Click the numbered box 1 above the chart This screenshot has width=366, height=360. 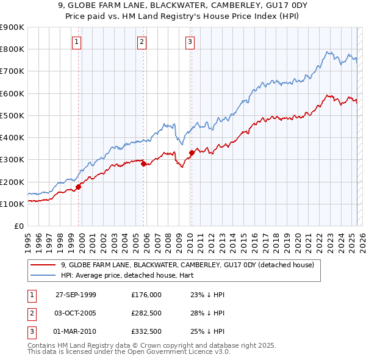[x=76, y=42]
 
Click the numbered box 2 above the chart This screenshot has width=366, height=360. [x=142, y=42]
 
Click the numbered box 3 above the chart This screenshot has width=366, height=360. [x=190, y=42]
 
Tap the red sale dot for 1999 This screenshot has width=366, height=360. [x=79, y=187]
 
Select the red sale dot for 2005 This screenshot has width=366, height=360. [x=144, y=164]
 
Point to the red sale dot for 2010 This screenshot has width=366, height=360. [x=192, y=153]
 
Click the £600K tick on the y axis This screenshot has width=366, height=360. [x=12, y=93]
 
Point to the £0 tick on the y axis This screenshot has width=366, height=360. [x=18, y=226]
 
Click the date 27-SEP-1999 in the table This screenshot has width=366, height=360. [x=76, y=295]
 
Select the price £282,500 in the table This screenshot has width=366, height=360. [x=146, y=313]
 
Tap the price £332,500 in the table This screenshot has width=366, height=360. [x=146, y=331]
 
